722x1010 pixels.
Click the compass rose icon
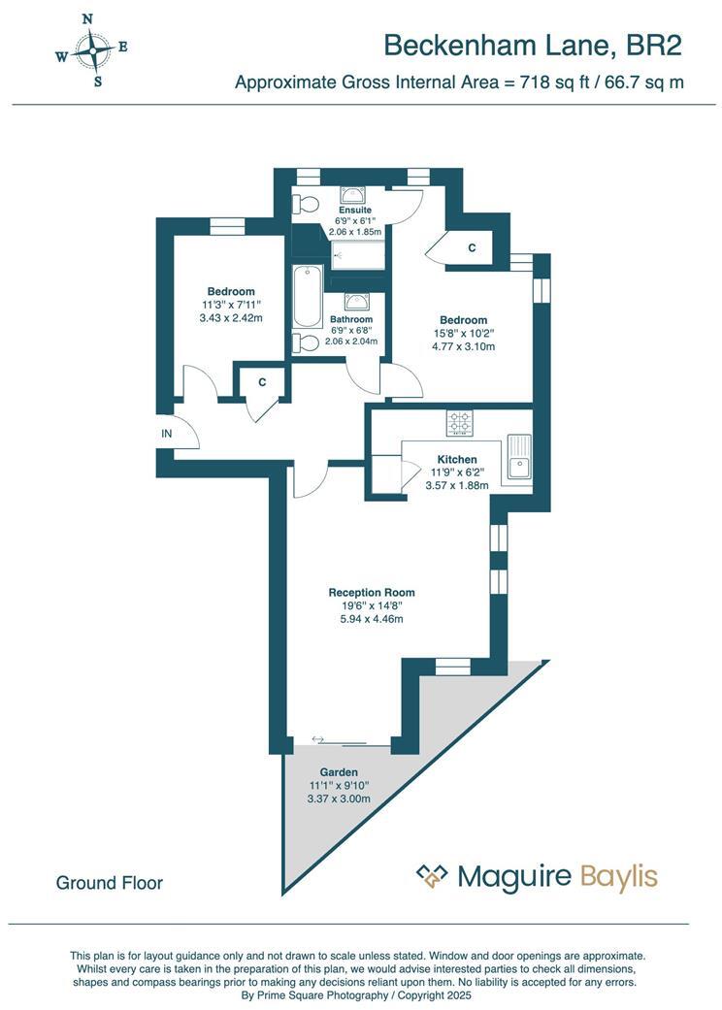pos(92,49)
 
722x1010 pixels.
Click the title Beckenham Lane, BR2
pos(533,45)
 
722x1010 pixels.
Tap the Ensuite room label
pos(354,210)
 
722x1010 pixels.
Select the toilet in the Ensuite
pos(307,205)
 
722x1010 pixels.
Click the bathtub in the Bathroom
pos(307,297)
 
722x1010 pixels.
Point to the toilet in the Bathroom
pos(308,342)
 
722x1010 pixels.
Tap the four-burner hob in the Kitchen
pos(459,423)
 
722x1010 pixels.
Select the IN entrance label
pos(166,434)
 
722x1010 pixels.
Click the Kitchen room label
pos(457,459)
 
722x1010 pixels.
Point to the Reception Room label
pos(372,592)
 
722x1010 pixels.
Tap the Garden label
pos(340,772)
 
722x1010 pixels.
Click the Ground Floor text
pos(110,883)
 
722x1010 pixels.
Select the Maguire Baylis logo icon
pos(432,876)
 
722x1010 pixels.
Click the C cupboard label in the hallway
pos(262,383)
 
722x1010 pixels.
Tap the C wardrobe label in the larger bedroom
pos(472,248)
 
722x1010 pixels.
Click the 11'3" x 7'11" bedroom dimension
pos(231,305)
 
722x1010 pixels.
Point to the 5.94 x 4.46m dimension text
pos(372,619)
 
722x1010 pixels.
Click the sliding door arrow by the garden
pos(319,740)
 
